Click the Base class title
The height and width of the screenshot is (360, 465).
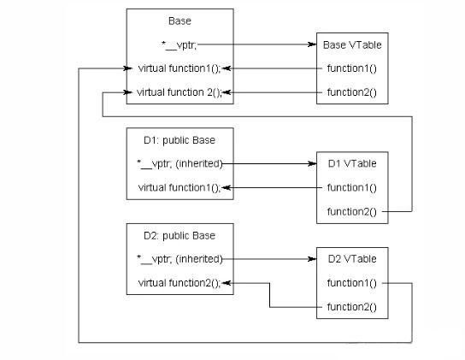point(180,21)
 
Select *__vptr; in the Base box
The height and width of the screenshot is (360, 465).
point(179,45)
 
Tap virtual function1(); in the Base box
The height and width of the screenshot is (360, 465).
point(180,68)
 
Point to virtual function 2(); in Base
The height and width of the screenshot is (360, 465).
point(180,92)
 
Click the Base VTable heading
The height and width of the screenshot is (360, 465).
point(352,44)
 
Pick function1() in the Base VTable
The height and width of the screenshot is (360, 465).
point(352,68)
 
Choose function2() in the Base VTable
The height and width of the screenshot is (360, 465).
point(352,92)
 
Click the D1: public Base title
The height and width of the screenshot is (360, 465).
point(180,140)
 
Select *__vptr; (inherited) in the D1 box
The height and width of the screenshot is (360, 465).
point(180,164)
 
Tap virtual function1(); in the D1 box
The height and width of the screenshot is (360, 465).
point(180,188)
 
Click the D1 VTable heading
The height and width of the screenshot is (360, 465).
point(352,163)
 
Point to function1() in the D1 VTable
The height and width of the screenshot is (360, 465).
point(352,188)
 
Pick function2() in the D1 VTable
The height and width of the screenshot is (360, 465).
point(352,212)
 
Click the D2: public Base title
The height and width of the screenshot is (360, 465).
point(180,236)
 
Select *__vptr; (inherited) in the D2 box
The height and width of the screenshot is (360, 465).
point(180,259)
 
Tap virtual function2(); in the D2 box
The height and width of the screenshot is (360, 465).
point(180,283)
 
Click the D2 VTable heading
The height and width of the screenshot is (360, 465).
point(352,259)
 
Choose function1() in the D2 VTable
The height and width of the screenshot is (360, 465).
point(352,283)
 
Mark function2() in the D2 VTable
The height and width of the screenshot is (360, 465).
point(352,307)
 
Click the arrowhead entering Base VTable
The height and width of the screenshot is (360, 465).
point(312,44)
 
